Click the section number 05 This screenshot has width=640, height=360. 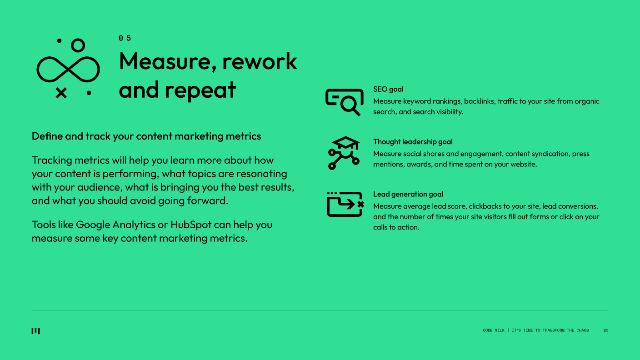125,38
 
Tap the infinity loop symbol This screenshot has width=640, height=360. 68,70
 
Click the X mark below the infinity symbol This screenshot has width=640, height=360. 61,93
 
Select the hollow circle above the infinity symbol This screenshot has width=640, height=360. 78,45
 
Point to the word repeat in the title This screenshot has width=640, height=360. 200,91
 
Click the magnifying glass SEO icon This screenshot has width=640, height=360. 344,102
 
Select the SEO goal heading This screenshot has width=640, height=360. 388,89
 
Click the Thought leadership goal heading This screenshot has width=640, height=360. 413,142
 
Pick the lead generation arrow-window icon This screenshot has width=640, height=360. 345,204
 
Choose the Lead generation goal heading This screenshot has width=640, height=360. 408,194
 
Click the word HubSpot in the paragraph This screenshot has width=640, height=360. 191,225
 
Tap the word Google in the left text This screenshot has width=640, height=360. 93,225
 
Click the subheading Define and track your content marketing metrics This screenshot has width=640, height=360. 146,136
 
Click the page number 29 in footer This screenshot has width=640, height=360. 606,330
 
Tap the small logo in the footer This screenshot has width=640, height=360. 36,330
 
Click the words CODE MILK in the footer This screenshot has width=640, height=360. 494,330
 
